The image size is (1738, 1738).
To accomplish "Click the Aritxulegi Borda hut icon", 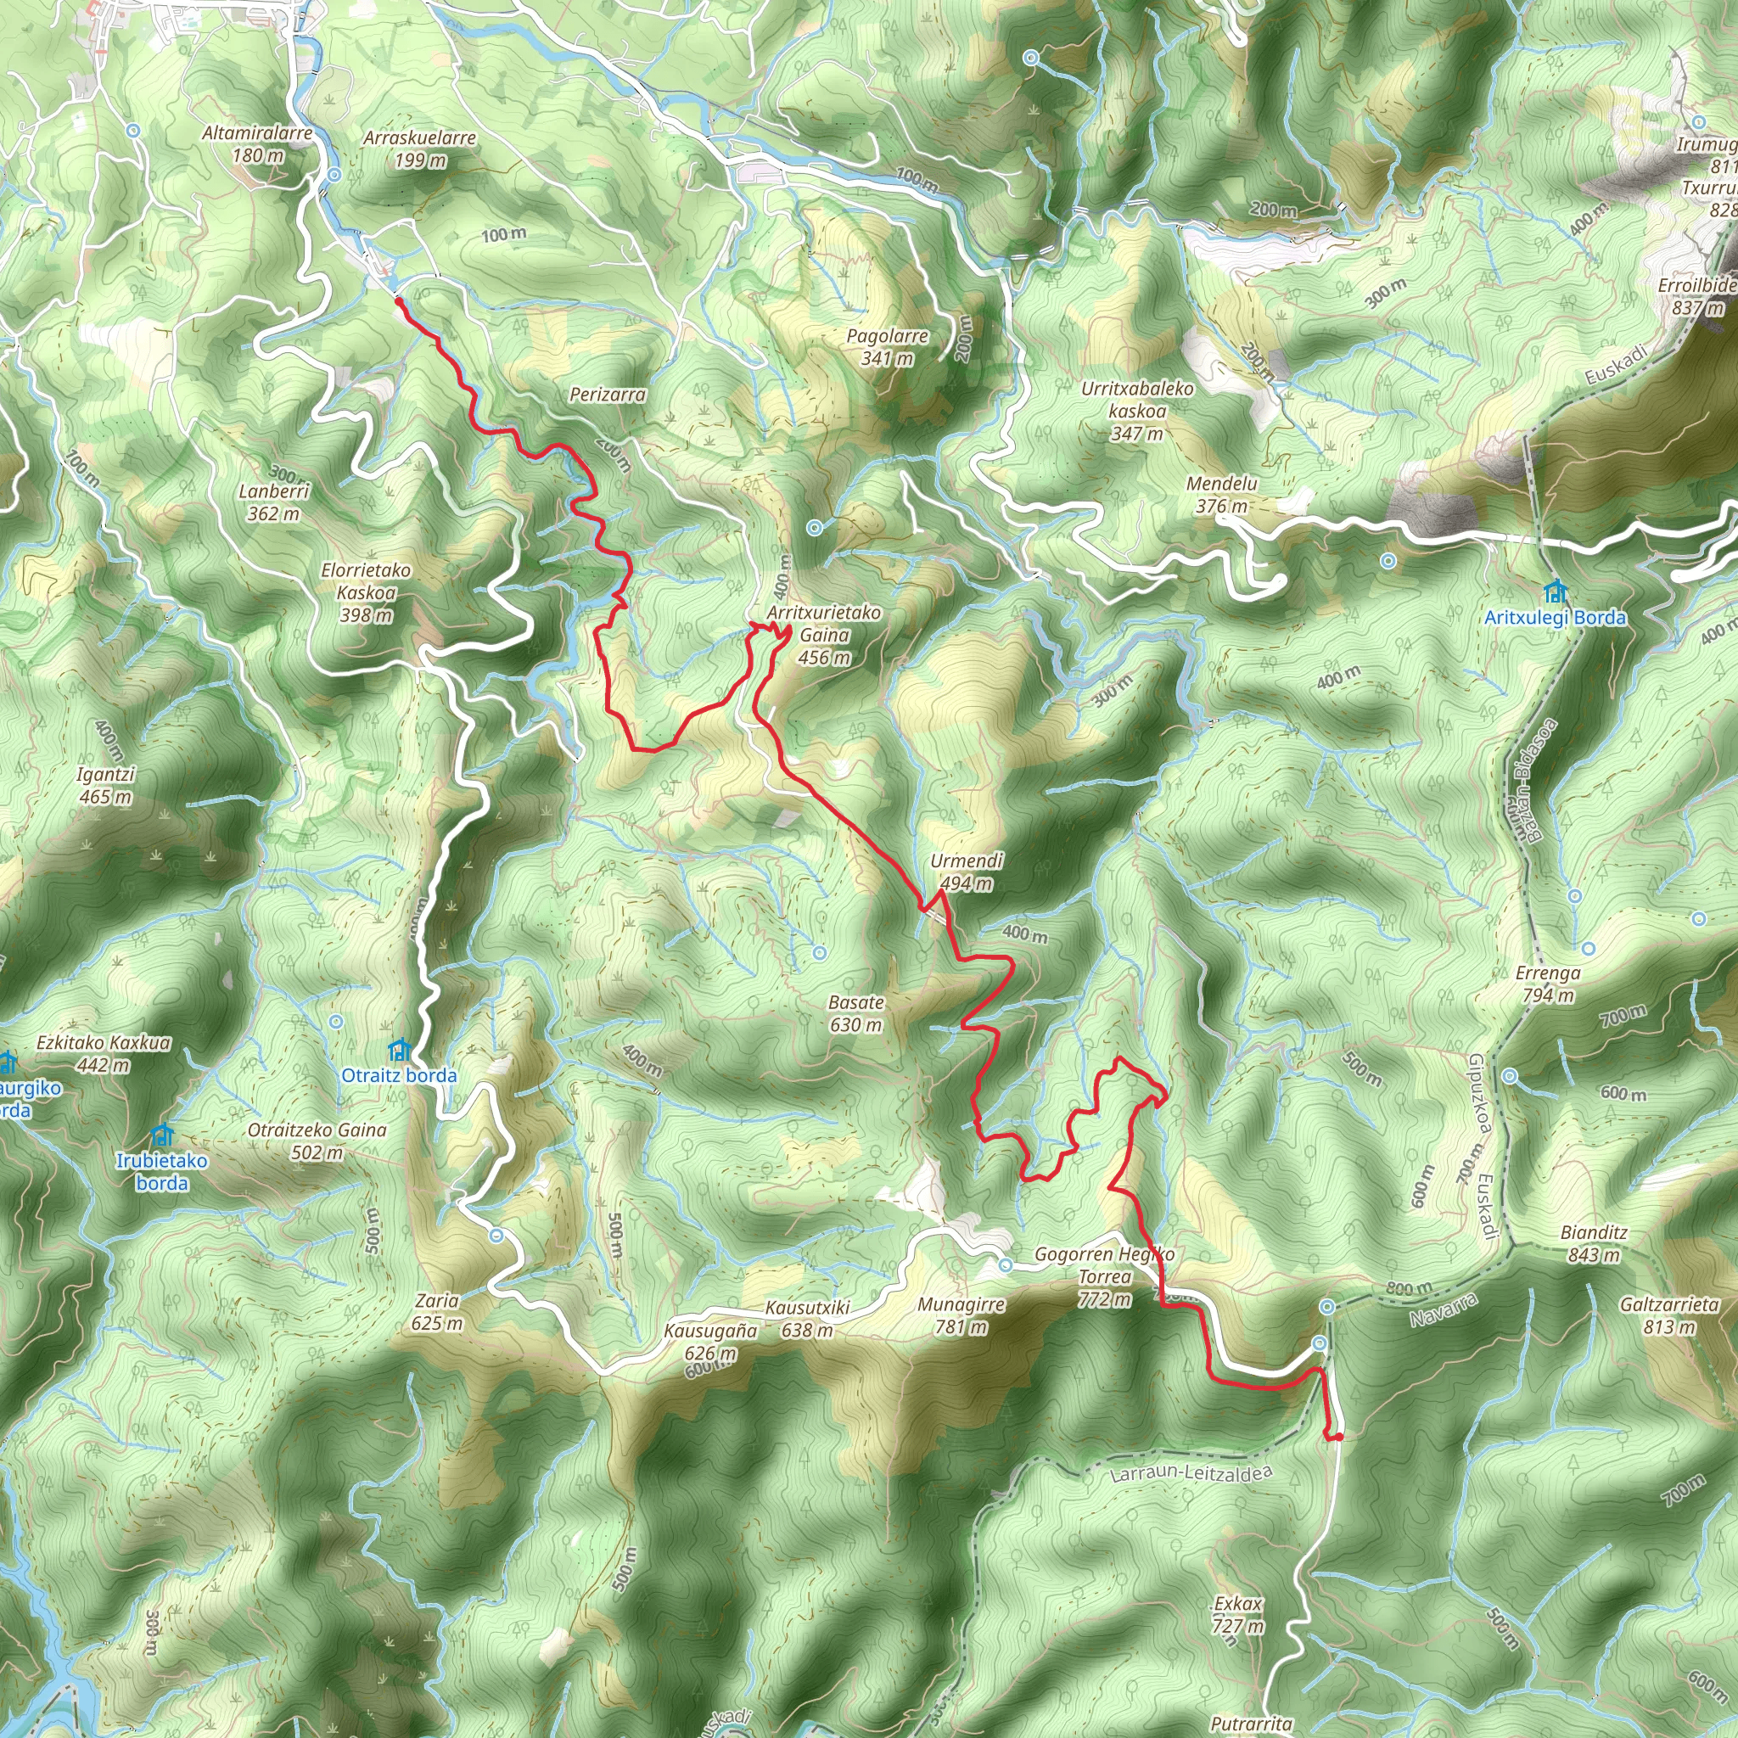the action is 1555,592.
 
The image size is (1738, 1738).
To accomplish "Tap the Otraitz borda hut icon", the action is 399,1050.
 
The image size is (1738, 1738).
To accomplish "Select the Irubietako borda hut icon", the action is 162,1135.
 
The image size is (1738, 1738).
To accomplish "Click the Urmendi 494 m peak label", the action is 966,872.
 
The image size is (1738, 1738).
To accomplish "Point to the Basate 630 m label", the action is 855,1013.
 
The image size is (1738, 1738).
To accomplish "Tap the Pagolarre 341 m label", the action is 887,347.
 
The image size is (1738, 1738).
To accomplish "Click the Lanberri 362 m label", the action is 273,503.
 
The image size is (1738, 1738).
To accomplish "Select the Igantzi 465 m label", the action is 105,785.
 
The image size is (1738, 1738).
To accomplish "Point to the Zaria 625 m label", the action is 437,1312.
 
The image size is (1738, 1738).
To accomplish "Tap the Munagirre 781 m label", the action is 961,1315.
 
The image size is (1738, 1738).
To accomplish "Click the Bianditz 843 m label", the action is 1594,1243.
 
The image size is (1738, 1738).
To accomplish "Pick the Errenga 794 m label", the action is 1547,984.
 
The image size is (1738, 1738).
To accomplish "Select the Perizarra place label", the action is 608,394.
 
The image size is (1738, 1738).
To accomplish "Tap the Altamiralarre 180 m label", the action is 257,144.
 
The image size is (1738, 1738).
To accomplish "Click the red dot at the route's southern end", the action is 1338,1437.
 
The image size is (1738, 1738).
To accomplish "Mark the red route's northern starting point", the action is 399,302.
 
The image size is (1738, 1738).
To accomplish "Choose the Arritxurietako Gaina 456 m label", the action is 824,635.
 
